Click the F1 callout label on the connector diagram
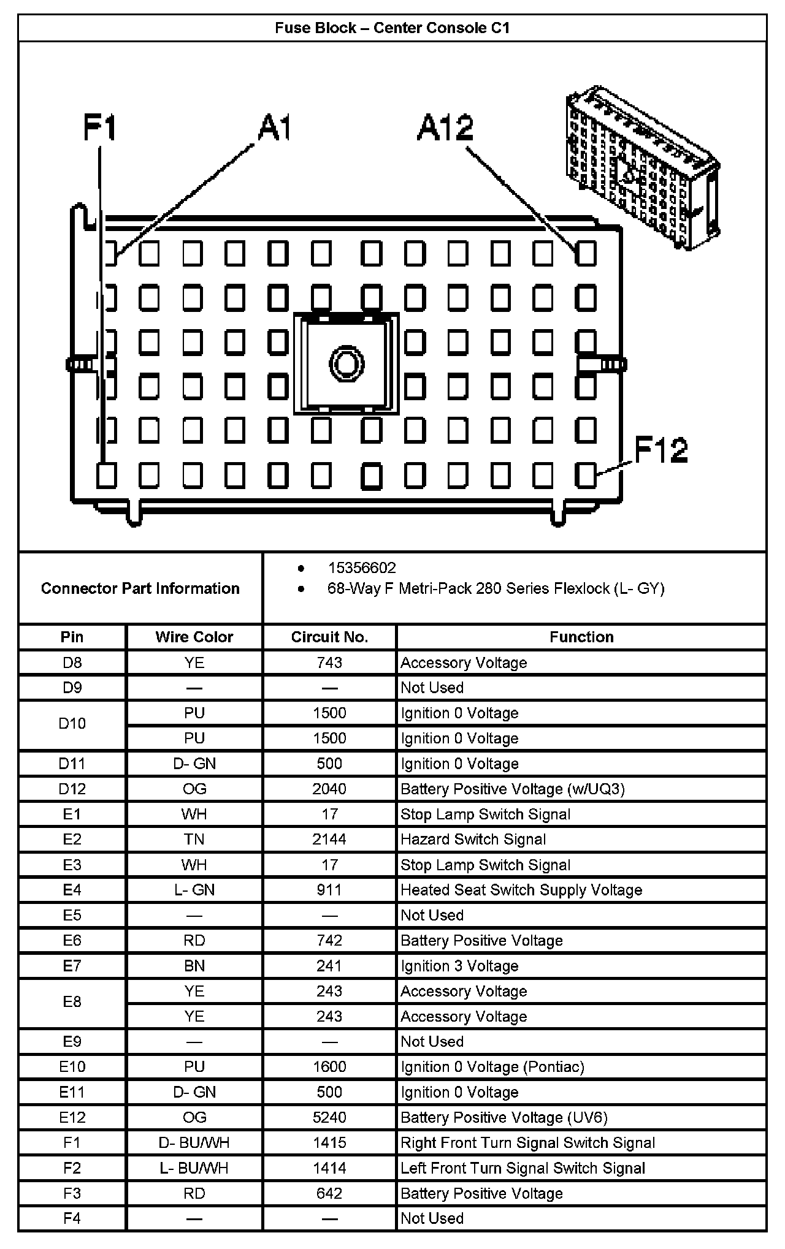[100, 129]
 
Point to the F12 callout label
[661, 450]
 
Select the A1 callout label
[274, 128]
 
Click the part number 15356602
[362, 568]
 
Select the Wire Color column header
[194, 637]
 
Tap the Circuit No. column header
[329, 637]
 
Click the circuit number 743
[329, 662]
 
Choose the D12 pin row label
[72, 789]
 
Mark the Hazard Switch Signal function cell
[473, 839]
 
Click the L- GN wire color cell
[194, 890]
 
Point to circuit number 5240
[329, 1117]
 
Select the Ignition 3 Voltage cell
[459, 966]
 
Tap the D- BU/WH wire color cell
[194, 1142]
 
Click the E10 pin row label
[72, 1066]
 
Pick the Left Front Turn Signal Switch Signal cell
[523, 1168]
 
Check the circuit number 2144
[329, 839]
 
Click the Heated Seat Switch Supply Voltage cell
[521, 890]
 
